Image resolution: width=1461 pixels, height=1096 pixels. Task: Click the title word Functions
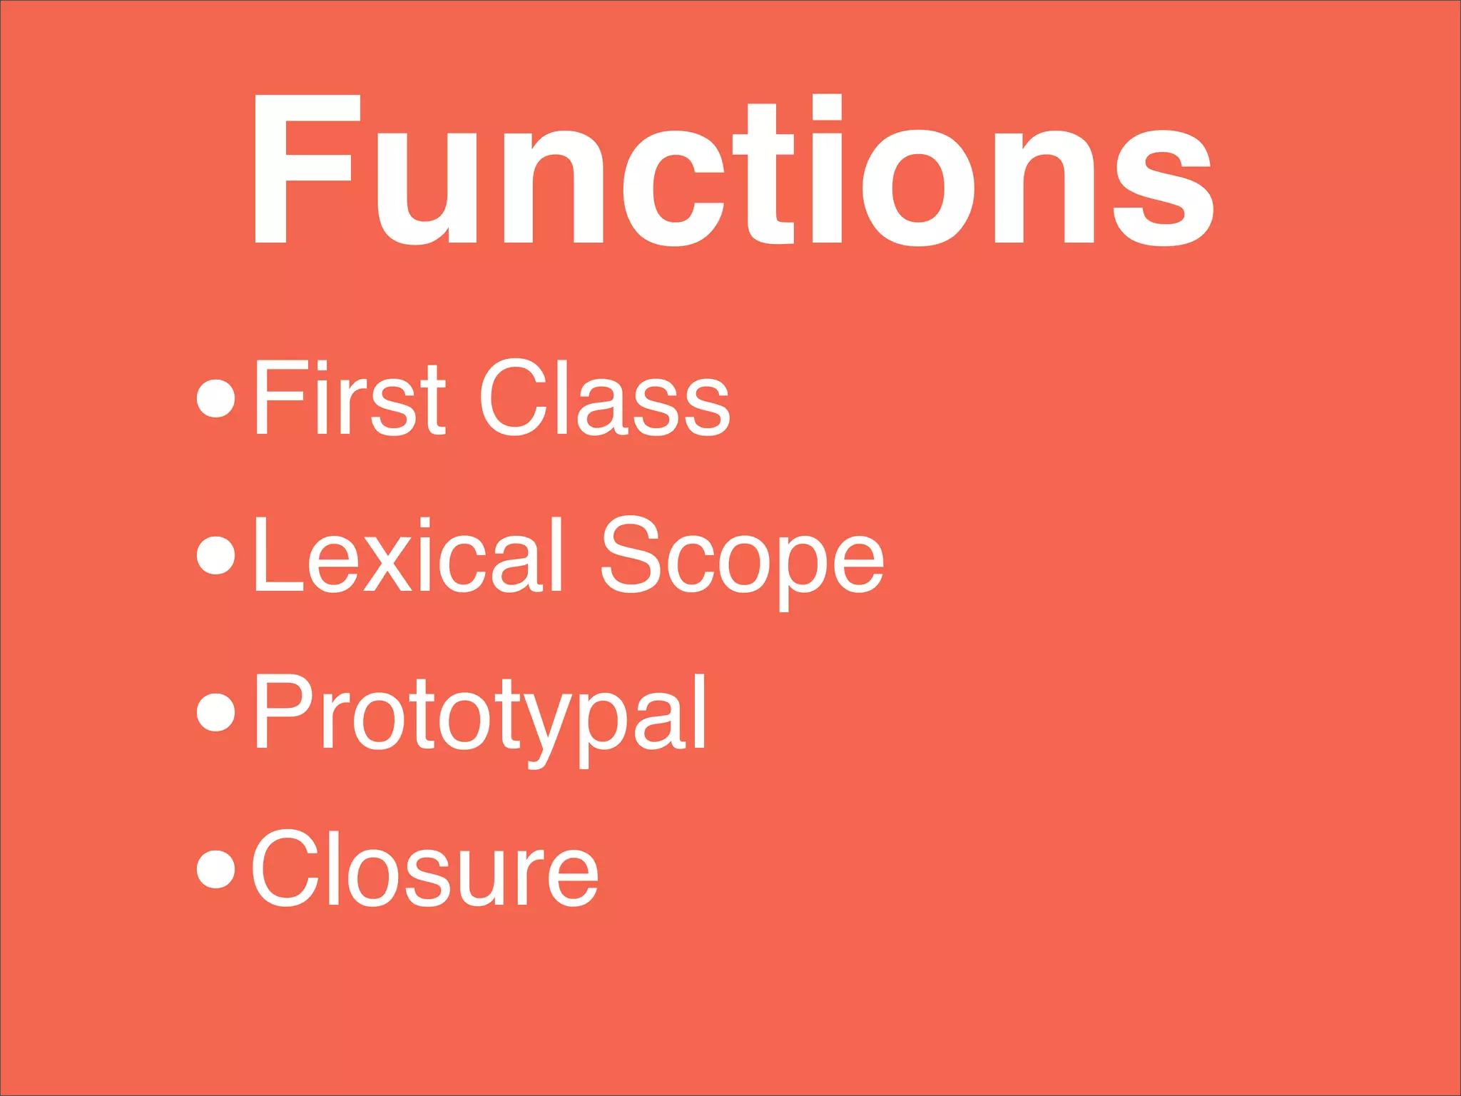coord(733,171)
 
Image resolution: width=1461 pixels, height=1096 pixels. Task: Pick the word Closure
coord(425,869)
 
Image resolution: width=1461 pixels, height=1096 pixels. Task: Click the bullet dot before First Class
coord(215,398)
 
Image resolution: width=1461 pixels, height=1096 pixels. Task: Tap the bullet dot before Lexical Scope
coord(215,555)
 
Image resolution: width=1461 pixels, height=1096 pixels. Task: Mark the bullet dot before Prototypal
coord(215,712)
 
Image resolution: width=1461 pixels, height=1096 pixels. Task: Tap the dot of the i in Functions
coord(827,107)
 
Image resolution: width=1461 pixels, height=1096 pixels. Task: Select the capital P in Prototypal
coord(282,712)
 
